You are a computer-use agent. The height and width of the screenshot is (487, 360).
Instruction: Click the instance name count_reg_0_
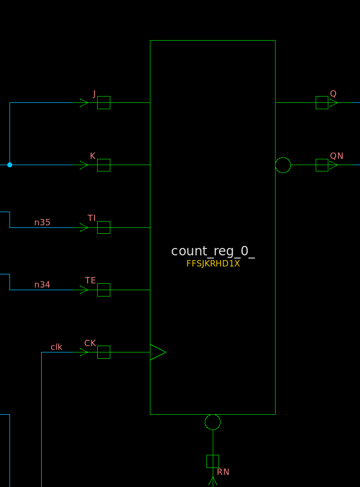(x=213, y=251)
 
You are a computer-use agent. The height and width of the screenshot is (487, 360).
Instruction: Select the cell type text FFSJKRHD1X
(x=213, y=264)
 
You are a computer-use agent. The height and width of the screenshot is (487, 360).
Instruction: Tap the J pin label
(x=94, y=93)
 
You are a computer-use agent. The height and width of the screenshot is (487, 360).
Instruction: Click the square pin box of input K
(x=104, y=165)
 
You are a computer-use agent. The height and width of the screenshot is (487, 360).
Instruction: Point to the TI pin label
(x=92, y=218)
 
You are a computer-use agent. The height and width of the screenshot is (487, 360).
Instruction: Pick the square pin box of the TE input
(x=104, y=290)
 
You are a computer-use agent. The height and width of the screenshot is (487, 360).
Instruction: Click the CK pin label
(x=90, y=343)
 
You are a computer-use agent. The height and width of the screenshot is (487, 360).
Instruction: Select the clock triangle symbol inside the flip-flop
(x=158, y=352)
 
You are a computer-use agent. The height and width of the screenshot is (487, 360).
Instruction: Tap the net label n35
(x=42, y=222)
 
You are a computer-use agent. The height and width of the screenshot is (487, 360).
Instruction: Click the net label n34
(x=42, y=285)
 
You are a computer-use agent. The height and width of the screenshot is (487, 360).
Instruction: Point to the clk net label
(x=56, y=347)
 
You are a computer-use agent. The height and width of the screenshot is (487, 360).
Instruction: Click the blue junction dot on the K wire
(x=10, y=165)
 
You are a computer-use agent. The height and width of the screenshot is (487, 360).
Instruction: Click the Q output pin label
(x=333, y=93)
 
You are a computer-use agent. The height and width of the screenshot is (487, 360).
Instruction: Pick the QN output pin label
(x=337, y=156)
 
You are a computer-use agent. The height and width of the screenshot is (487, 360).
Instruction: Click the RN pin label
(x=223, y=472)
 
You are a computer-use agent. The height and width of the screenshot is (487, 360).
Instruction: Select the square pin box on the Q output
(x=322, y=102)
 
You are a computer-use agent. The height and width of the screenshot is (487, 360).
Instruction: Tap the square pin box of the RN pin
(x=213, y=462)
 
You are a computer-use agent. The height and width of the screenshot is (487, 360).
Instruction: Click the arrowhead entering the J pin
(x=84, y=103)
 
